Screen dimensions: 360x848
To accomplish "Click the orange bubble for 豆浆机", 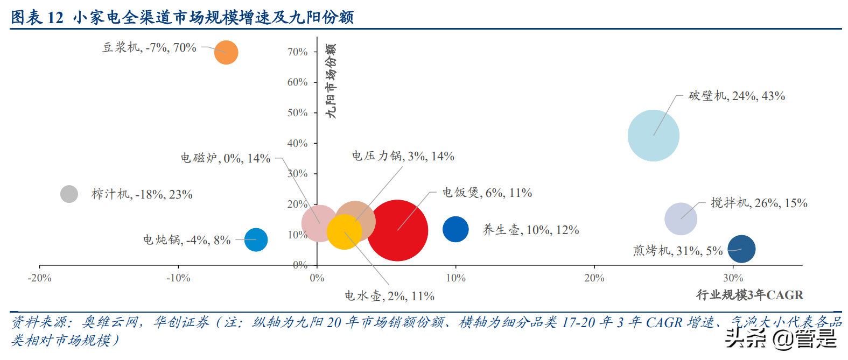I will pos(226,52).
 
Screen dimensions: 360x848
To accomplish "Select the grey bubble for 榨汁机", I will pos(69,194).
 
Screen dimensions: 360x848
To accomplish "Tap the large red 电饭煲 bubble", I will pos(397,230).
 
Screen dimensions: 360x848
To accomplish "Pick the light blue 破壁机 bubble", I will pos(653,136).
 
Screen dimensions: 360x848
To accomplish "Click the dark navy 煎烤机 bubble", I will pos(741,249).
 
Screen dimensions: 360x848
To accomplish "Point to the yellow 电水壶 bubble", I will pos(344,231).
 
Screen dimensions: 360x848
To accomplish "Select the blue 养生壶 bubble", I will pos(455,229).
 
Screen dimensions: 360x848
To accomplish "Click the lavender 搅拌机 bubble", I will pos(681,219).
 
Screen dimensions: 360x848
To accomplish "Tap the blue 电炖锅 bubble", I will pos(256,239).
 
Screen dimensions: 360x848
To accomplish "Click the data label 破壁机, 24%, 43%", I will pos(736,96).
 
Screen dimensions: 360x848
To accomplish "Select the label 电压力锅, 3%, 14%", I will pos(403,156).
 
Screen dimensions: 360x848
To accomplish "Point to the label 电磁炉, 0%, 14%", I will pos(225,158).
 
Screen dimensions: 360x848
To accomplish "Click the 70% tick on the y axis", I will pos(297,52).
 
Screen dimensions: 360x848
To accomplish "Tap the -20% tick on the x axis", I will pos(39,278).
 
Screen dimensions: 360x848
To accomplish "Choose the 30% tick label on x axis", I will pos(733,278).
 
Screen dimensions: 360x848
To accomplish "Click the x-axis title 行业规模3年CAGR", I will pos(749,295).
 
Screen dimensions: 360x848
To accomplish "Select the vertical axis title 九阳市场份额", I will pos(331,81).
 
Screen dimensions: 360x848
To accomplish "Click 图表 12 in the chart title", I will pos(37,17).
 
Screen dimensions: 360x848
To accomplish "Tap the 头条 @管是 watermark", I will pos(781,338).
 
